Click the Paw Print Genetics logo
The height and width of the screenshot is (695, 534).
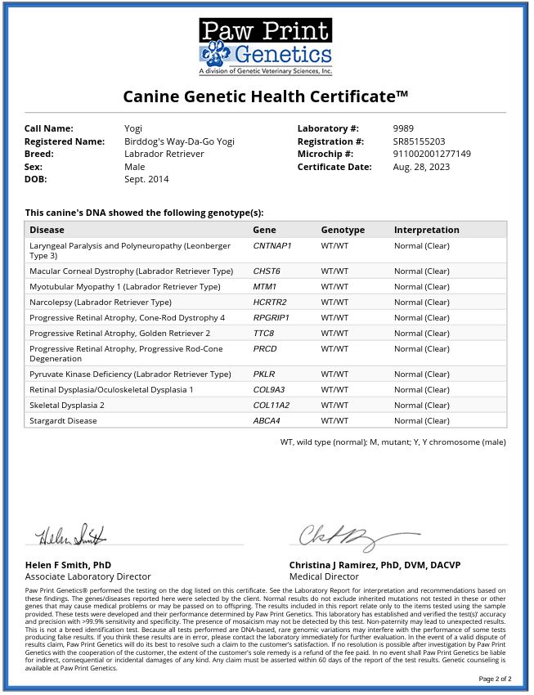266,47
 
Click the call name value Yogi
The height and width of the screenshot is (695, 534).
133,128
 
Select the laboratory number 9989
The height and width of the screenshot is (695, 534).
403,128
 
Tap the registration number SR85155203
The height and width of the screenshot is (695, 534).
419,141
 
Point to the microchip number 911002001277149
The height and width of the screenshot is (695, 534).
432,154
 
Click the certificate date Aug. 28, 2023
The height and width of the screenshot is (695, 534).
421,167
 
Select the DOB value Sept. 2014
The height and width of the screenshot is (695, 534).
146,179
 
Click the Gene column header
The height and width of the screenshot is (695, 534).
264,230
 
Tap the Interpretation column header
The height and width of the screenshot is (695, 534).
426,230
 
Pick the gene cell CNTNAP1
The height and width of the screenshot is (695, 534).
272,245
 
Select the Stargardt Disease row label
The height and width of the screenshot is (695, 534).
63,420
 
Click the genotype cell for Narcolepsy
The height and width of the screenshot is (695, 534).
334,302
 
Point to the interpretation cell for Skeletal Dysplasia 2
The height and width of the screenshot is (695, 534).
421,405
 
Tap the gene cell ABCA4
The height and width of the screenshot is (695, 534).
267,420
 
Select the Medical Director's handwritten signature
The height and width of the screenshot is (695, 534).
336,536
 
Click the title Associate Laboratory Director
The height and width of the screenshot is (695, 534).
88,576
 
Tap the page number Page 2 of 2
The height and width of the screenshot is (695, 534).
494,679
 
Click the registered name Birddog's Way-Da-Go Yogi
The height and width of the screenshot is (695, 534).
179,141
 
